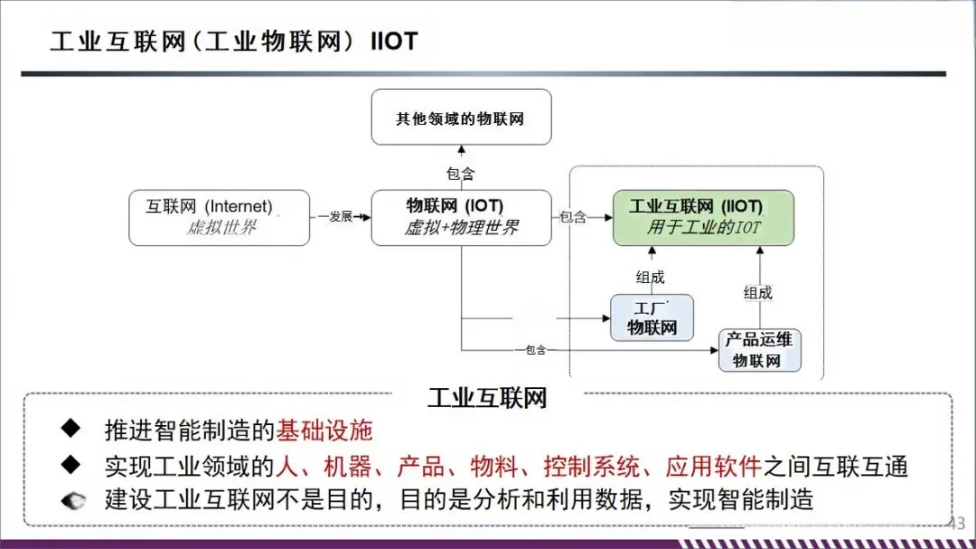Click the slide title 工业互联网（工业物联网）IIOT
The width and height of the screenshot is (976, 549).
point(233,42)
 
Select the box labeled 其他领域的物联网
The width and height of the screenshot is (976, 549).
point(460,118)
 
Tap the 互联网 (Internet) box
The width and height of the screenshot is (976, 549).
point(219,217)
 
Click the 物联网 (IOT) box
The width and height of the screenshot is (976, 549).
point(461,217)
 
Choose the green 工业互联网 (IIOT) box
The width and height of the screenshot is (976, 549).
point(703,217)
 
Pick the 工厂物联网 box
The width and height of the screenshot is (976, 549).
point(652,317)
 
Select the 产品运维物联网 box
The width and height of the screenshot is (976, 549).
point(759,349)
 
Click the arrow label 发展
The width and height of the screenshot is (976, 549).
point(340,217)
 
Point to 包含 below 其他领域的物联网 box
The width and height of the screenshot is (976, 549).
point(460,174)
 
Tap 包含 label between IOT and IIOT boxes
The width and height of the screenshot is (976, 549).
point(573,217)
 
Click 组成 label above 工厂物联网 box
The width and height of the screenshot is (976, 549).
point(650,278)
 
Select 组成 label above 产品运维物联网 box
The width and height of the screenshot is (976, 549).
point(758,292)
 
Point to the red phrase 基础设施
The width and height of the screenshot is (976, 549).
point(324,431)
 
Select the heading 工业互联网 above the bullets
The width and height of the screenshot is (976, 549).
point(487,397)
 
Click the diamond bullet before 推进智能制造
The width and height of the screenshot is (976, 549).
point(71,428)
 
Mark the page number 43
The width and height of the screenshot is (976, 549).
point(958,523)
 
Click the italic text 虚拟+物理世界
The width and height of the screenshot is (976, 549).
point(461,228)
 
